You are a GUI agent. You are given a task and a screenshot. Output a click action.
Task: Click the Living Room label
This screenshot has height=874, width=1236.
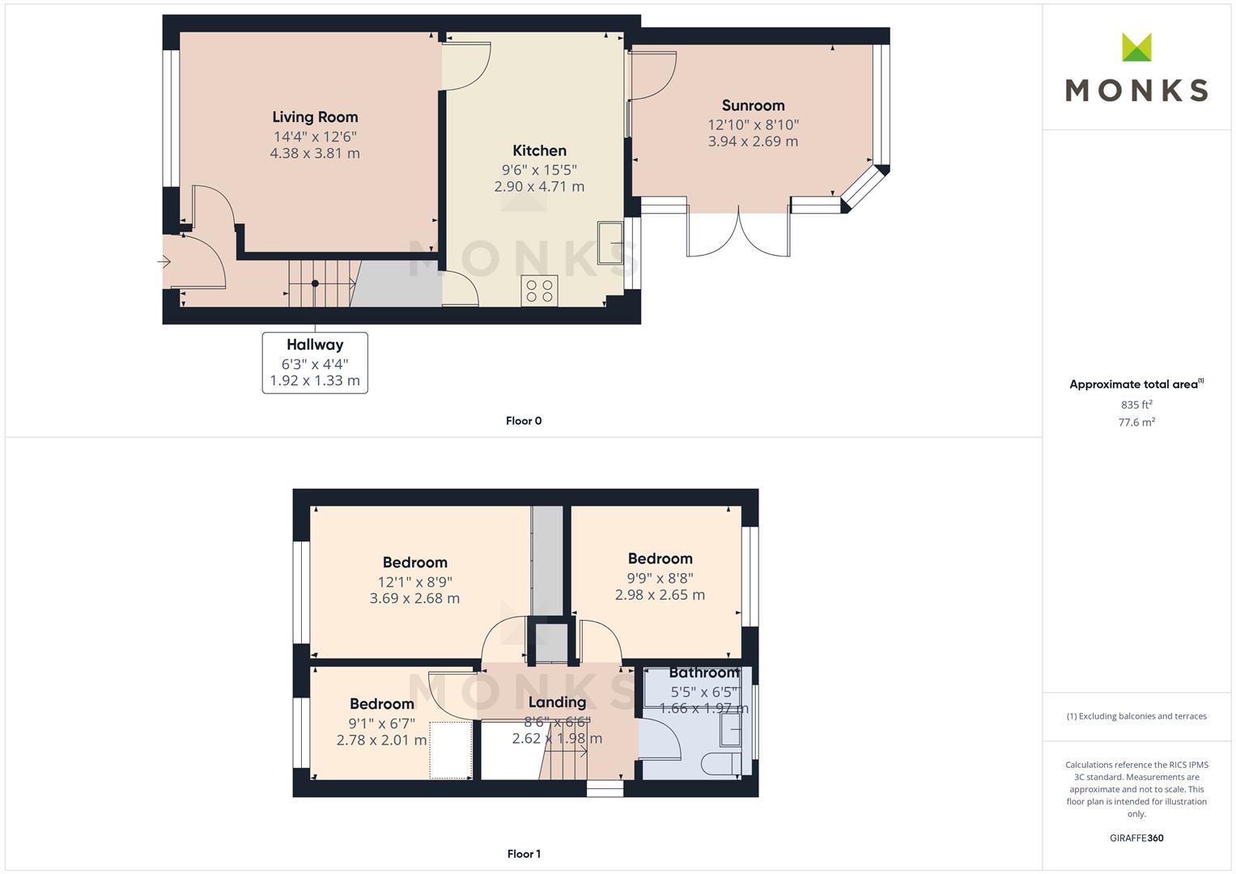click(315, 117)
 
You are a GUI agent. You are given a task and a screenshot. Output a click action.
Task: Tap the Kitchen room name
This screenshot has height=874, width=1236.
click(539, 151)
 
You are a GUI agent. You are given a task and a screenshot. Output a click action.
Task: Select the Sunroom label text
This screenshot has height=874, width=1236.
click(754, 105)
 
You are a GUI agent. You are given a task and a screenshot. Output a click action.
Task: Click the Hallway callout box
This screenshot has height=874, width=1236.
click(315, 363)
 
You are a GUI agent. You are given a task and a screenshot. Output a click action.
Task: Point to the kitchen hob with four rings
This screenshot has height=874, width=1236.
click(539, 291)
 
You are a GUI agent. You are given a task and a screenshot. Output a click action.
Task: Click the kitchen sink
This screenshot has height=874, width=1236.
click(610, 243)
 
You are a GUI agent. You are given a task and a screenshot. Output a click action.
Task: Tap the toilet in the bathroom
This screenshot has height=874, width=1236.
click(721, 764)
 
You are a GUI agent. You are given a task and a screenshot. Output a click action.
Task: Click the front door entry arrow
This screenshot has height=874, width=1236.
click(164, 261)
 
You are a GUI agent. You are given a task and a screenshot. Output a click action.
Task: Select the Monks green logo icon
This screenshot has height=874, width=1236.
click(1136, 47)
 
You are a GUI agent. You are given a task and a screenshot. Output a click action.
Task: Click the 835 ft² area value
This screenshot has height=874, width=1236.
click(1136, 405)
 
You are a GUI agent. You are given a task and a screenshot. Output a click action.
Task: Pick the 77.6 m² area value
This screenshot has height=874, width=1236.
click(1136, 422)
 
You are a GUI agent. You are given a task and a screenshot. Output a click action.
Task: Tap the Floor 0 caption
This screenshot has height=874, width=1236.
click(524, 421)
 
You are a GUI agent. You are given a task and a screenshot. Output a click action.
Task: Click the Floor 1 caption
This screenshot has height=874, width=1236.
click(524, 854)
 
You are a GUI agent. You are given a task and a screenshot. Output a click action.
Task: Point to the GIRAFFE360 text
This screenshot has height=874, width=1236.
click(1136, 838)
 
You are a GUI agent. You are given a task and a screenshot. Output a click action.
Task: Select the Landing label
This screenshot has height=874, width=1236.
click(558, 702)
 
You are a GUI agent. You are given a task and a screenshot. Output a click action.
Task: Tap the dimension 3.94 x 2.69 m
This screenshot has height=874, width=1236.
click(754, 142)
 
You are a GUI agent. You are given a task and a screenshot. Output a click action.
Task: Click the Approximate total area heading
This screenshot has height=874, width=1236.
click(1136, 384)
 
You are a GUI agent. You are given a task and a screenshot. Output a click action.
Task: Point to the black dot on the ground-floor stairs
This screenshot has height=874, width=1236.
click(315, 283)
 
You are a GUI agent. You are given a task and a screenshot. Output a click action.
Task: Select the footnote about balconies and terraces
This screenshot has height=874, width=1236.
click(1136, 716)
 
